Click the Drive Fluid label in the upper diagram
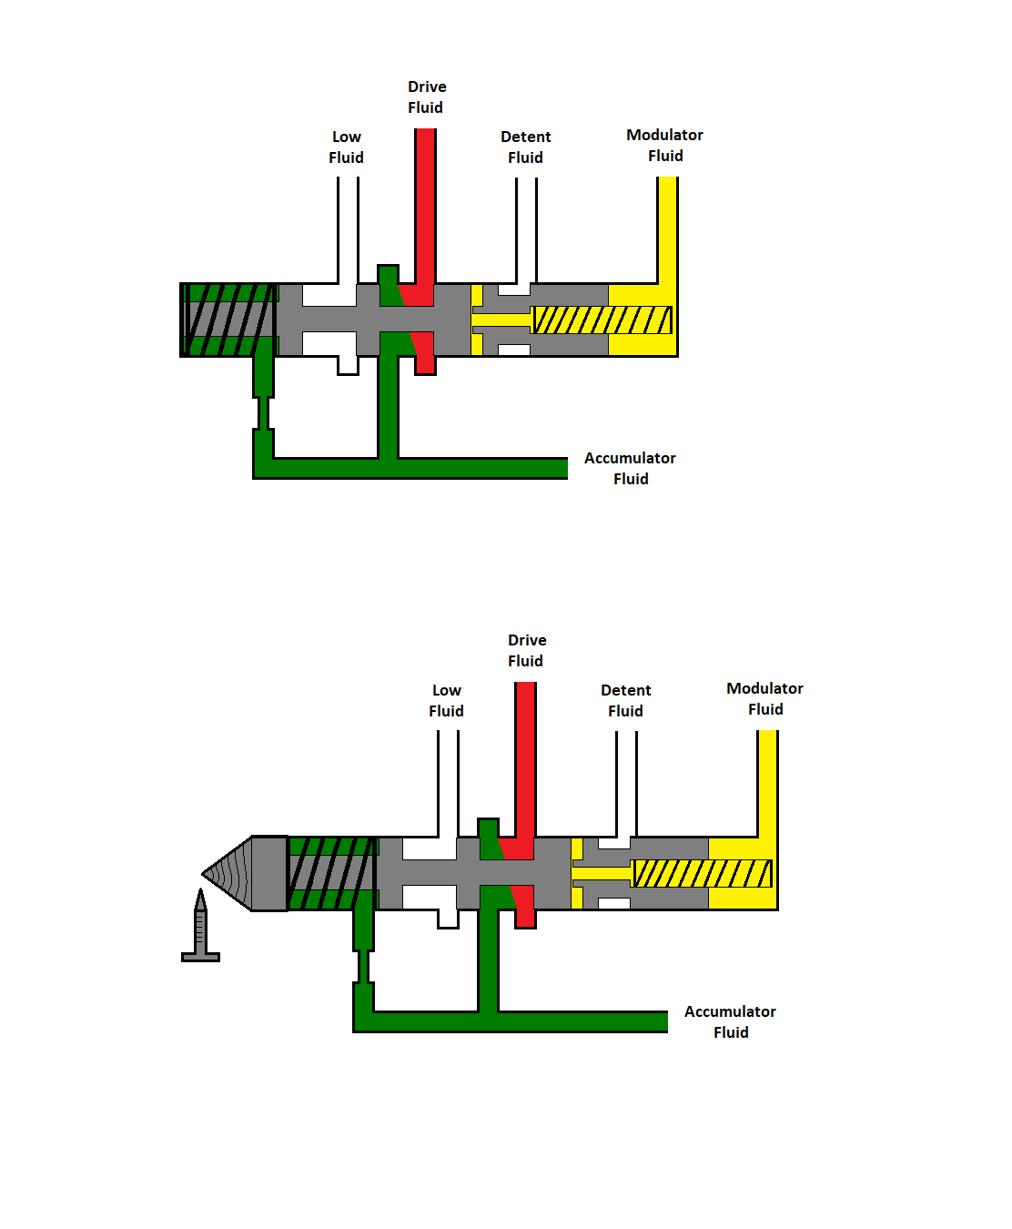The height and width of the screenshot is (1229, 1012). point(426,97)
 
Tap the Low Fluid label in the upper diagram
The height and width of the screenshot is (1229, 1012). point(346,147)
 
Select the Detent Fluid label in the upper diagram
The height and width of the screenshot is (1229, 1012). point(525,147)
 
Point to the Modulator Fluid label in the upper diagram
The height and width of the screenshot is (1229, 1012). point(664,146)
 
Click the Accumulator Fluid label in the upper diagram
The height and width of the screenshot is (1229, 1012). point(630,469)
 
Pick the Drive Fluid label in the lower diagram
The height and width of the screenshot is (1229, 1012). point(526,651)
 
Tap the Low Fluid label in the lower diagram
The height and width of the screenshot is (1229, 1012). point(446,701)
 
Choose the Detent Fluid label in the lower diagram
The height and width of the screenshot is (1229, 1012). point(625,701)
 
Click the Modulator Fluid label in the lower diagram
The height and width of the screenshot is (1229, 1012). point(764,699)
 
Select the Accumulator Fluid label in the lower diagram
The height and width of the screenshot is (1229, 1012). point(730,1022)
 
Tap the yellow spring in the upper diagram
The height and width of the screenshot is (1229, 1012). point(602,320)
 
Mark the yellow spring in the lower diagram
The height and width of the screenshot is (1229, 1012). point(703,874)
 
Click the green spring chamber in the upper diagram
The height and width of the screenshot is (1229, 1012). point(229,320)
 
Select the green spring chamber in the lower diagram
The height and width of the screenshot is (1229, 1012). point(332,873)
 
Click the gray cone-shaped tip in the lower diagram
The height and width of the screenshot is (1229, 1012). point(232,874)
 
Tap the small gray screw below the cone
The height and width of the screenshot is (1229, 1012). point(200,929)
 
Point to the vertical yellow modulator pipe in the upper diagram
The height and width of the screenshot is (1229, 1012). point(667,228)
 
